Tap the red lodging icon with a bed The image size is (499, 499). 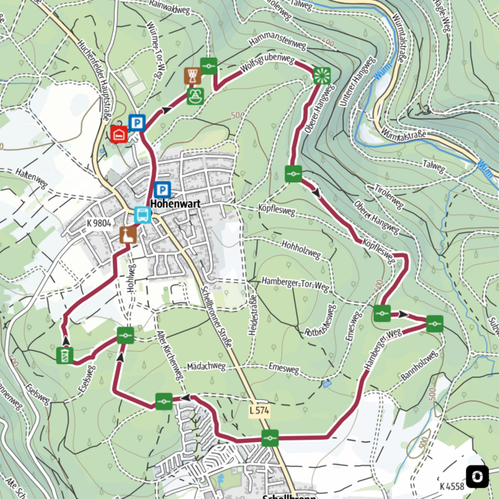point(119,134)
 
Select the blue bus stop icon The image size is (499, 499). point(143,214)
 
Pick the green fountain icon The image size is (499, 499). point(195,97)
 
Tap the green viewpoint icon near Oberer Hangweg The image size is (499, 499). point(321,76)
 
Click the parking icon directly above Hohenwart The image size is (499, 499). point(162,189)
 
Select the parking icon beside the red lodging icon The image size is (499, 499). point(137,122)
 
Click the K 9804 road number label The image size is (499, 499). point(100,223)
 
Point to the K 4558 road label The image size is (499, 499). point(451,486)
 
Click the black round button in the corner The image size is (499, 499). point(477,476)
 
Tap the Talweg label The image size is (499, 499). point(432,165)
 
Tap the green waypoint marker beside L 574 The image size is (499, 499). point(270,437)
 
